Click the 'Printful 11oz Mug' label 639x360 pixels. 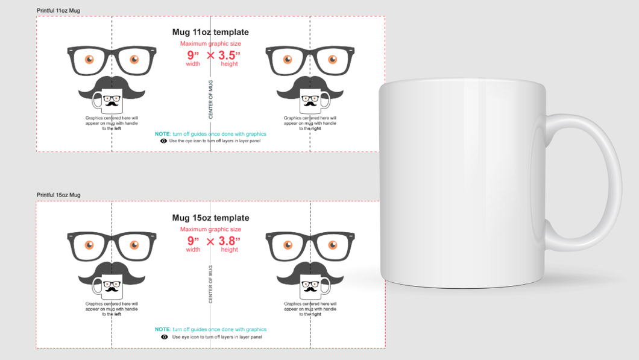pos(58,11)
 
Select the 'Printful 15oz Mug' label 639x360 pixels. pos(58,195)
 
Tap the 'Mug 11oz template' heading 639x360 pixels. pos(210,33)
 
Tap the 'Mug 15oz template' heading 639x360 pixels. pos(210,218)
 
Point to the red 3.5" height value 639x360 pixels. pos(229,55)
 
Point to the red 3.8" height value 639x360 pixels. pos(229,241)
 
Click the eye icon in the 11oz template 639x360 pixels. pos(164,141)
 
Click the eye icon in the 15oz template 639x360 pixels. pos(165,337)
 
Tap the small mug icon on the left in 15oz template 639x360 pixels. pos(112,288)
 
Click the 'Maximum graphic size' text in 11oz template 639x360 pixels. pos(210,44)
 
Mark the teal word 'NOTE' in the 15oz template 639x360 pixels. pos(162,329)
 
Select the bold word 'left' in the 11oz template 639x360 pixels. pos(118,128)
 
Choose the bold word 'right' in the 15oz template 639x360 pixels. pos(316,314)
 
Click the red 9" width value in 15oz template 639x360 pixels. pos(193,241)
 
